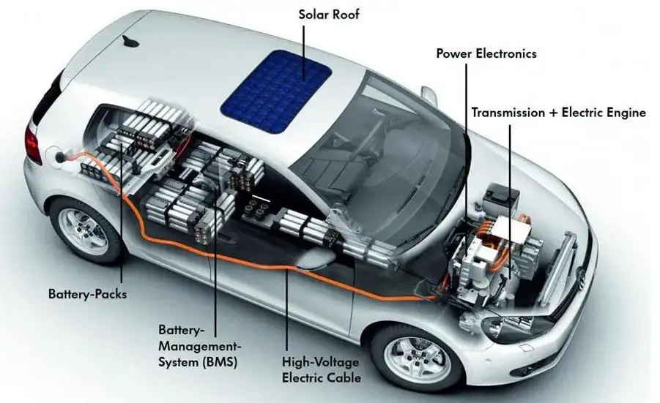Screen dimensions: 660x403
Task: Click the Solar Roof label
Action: [x=329, y=15]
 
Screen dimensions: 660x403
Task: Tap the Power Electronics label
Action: [x=486, y=54]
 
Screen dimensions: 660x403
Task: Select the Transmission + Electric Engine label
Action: [x=559, y=113]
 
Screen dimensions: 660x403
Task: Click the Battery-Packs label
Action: [x=88, y=294]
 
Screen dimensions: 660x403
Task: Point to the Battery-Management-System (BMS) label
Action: [x=200, y=346]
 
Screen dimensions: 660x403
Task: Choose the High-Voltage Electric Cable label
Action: [x=322, y=370]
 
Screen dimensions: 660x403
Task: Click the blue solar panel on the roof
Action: [x=275, y=91]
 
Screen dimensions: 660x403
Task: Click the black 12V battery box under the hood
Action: [x=501, y=200]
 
